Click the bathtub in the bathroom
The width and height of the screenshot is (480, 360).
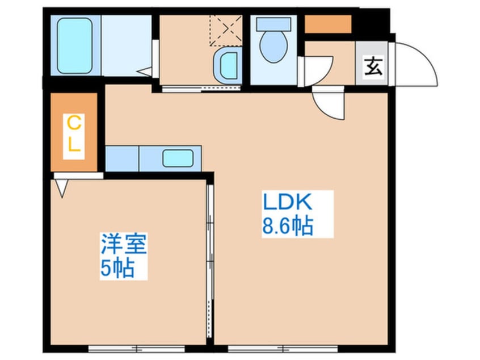(75, 45)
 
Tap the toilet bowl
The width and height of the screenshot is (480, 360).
(273, 46)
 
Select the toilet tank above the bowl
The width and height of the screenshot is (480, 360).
(273, 24)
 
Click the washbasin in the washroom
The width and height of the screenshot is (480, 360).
(228, 65)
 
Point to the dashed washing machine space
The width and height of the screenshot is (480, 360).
(226, 30)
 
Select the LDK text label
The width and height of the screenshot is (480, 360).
(288, 202)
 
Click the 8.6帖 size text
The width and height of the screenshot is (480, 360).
(288, 226)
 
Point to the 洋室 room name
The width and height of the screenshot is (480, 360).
(124, 244)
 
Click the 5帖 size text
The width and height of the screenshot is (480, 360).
(117, 268)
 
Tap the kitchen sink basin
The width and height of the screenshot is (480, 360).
(178, 158)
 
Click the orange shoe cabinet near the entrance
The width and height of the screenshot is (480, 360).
(328, 24)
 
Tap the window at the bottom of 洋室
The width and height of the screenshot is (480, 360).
(137, 349)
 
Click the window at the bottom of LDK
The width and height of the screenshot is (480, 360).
(283, 349)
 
